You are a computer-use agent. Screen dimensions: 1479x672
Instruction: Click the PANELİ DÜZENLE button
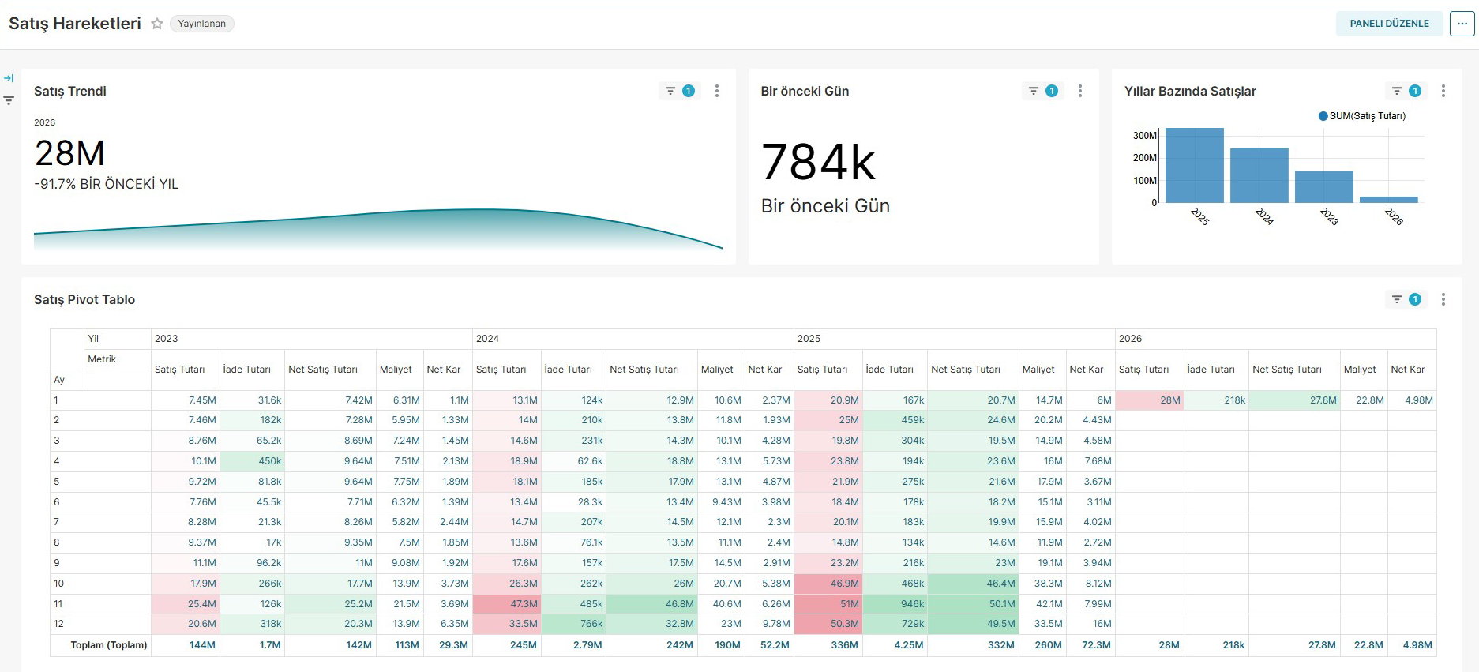pos(1389,24)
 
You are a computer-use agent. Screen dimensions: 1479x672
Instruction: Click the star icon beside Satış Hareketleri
pos(157,24)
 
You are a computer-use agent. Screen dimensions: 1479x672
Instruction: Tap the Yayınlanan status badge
pos(201,24)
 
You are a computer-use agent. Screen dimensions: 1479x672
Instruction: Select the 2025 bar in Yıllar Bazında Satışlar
pos(1195,165)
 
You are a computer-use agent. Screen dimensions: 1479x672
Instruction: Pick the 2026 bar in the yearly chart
pos(1389,200)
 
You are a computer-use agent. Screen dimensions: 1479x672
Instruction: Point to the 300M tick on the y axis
pos(1144,136)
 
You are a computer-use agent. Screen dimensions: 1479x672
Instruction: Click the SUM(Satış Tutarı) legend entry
pos(1362,116)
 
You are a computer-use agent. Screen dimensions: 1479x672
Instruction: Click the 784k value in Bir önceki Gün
pos(818,163)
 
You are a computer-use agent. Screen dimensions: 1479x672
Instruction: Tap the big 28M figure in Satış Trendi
pos(69,153)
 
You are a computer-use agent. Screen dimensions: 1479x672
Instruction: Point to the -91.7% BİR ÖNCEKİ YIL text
pos(107,184)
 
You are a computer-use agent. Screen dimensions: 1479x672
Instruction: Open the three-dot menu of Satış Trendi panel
pos(717,91)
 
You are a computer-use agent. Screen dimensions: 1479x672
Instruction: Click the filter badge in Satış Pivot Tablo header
pos(1406,299)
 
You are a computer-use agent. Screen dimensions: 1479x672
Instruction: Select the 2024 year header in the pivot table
pos(487,339)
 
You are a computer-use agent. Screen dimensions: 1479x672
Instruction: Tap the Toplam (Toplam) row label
pos(109,645)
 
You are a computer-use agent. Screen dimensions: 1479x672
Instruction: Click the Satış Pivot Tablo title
pos(84,299)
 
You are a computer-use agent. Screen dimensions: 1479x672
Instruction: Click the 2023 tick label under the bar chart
pos(1329,216)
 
